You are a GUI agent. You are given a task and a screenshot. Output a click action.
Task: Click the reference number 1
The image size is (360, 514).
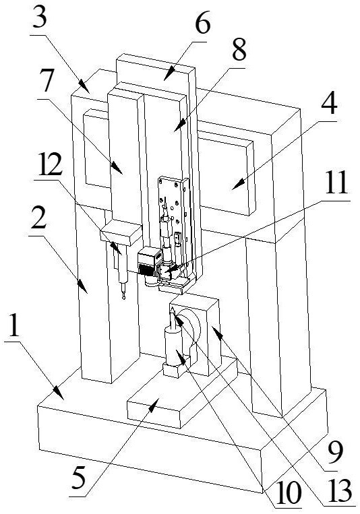click(13, 325)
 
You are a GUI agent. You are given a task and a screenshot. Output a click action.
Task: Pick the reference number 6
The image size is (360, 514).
click(202, 23)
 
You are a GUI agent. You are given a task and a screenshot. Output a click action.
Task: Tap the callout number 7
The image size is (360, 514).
click(47, 81)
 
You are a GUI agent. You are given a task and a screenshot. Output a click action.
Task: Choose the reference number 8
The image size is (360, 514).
click(239, 49)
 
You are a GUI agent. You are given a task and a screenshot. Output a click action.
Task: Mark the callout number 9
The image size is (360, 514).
click(335, 453)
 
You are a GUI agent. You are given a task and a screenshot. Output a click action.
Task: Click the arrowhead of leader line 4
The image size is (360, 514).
click(236, 187)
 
